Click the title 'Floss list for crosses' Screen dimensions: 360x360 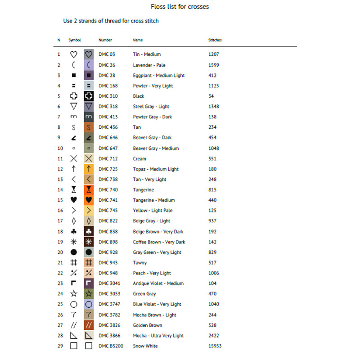pyautogui.click(x=180, y=7)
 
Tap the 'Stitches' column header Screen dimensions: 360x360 pyautogui.click(x=215, y=40)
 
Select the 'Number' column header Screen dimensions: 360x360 pyautogui.click(x=105, y=40)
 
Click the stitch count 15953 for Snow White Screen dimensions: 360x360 pyautogui.click(x=215, y=346)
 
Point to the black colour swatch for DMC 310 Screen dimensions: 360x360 pyautogui.click(x=89, y=96)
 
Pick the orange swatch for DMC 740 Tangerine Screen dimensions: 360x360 pyautogui.click(x=89, y=190)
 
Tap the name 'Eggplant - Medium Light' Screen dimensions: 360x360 pyautogui.click(x=158, y=76)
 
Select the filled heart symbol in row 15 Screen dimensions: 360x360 pyautogui.click(x=74, y=200)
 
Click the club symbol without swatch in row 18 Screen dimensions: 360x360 pyautogui.click(x=74, y=232)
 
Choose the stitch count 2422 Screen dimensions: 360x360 pyautogui.click(x=214, y=336)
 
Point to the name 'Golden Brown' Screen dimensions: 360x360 pyautogui.click(x=148, y=325)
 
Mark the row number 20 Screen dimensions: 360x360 pyautogui.click(x=58, y=252)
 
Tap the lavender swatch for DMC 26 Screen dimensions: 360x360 pyautogui.click(x=89, y=65)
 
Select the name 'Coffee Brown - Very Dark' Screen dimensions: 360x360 pyautogui.click(x=159, y=242)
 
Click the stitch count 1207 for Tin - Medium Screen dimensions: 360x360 pyautogui.click(x=214, y=54)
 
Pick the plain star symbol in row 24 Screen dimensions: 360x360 pyautogui.click(x=74, y=294)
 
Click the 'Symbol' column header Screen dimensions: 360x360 pyautogui.click(x=75, y=40)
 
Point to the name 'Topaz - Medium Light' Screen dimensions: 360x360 pyautogui.click(x=156, y=169)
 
